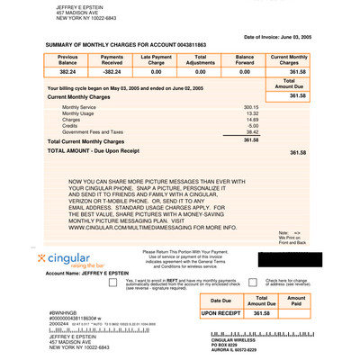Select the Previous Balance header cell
tap(67, 59)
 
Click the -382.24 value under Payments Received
tap(112, 71)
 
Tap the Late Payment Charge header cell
tap(157, 59)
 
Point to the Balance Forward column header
tap(244, 59)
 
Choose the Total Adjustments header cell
tap(201, 59)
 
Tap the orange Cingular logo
tap(69, 261)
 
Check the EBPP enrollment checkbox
tap(113, 282)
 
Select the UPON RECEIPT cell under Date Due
tap(220, 314)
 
